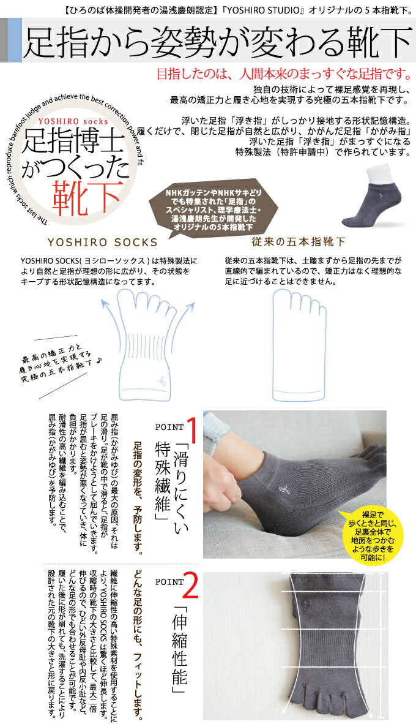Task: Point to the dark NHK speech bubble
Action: click(x=209, y=209)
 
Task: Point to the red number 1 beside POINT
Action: click(x=190, y=430)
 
